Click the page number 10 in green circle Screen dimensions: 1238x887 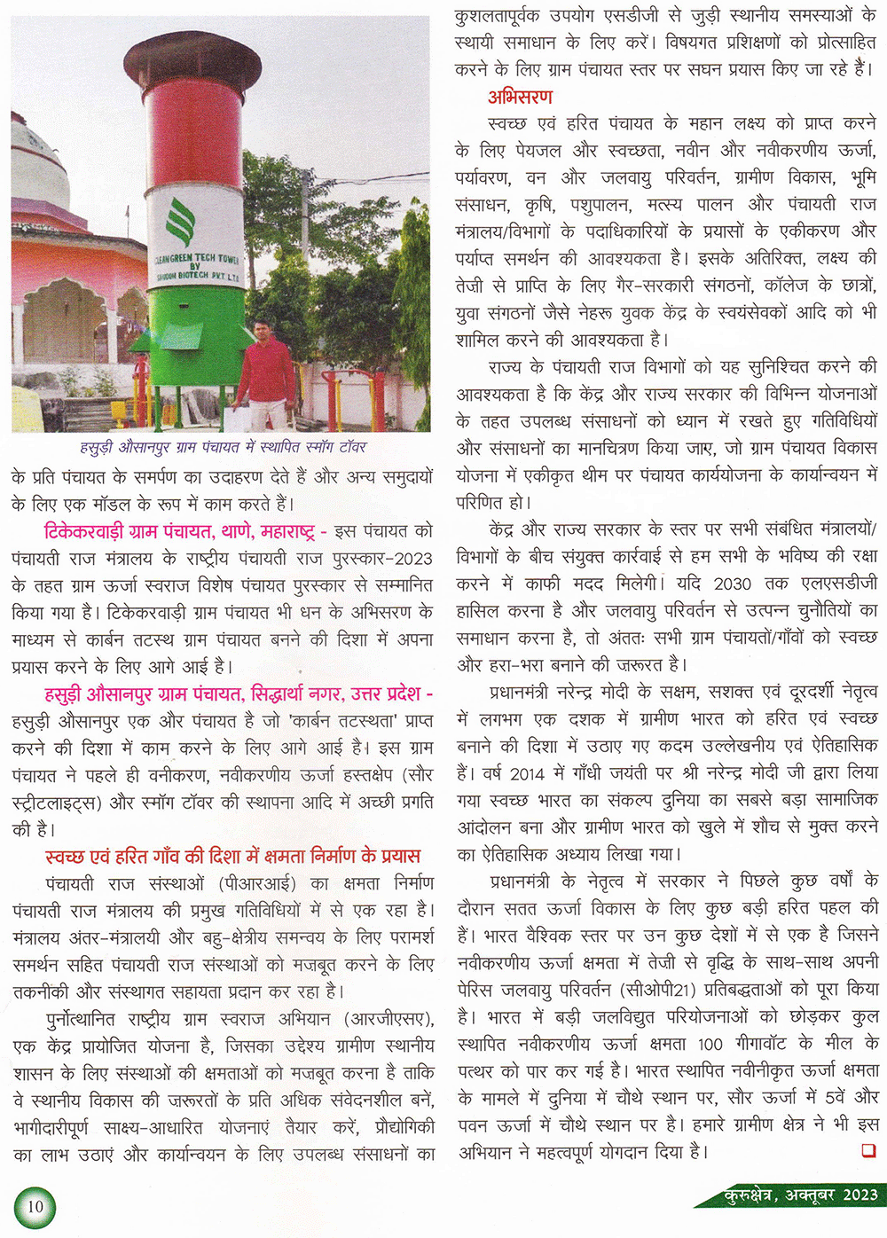tap(35, 1206)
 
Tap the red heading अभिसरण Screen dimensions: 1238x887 tap(520, 97)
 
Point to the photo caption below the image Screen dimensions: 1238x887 tap(223, 447)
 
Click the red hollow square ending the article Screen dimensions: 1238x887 tap(868, 1150)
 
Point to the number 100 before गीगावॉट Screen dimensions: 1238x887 tap(710, 1044)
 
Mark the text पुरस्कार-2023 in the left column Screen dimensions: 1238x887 tap(377, 559)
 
